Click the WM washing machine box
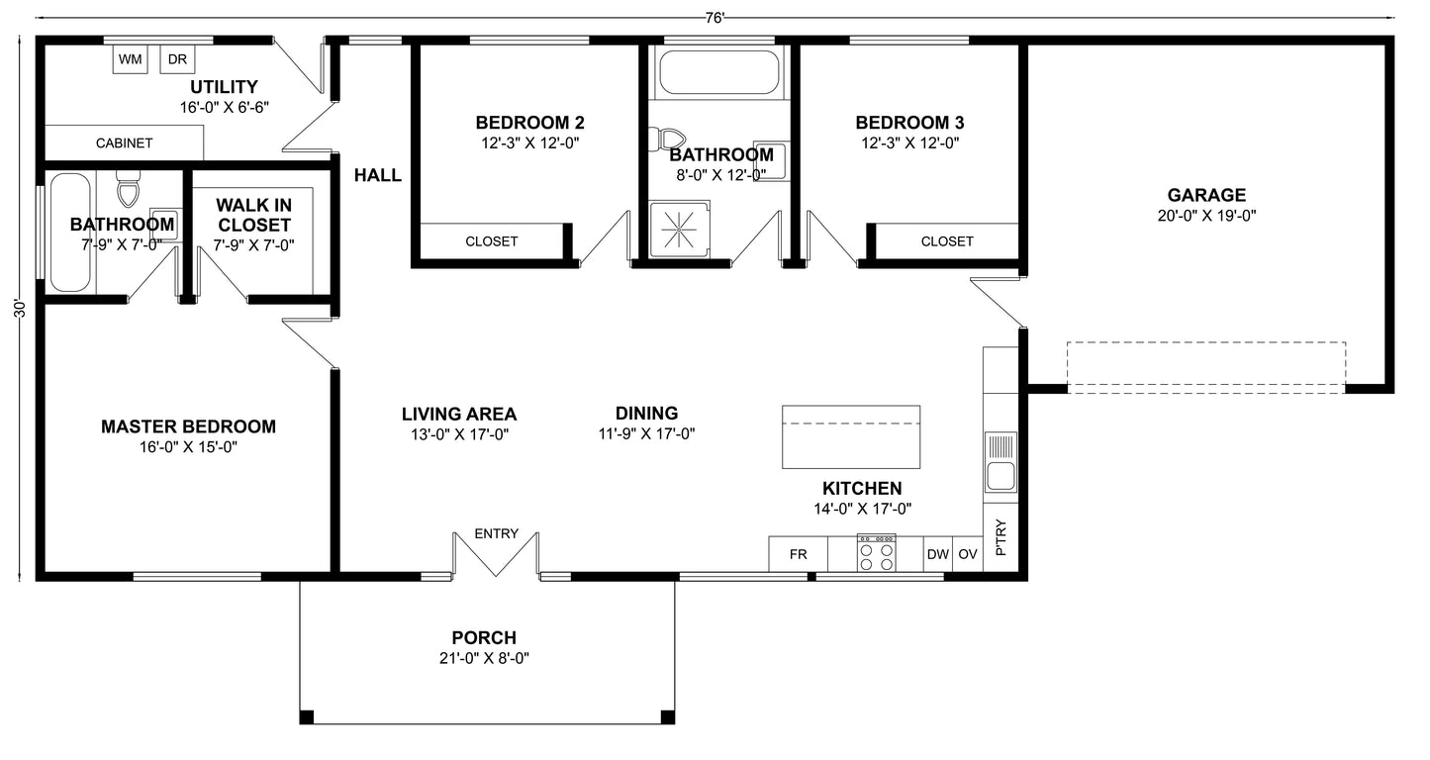pyautogui.click(x=130, y=60)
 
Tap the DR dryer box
pyautogui.click(x=177, y=60)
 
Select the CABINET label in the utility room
pyautogui.click(x=125, y=143)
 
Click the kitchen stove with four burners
pyautogui.click(x=876, y=553)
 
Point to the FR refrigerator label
pyautogui.click(x=798, y=555)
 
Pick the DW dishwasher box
pyautogui.click(x=937, y=555)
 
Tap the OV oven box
pyautogui.click(x=968, y=555)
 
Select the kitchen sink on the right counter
pyautogui.click(x=1001, y=463)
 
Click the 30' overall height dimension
pyautogui.click(x=19, y=308)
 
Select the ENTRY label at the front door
pyautogui.click(x=496, y=533)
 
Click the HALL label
pyautogui.click(x=378, y=176)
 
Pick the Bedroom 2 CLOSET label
pyautogui.click(x=492, y=241)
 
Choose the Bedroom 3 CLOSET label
pyautogui.click(x=947, y=241)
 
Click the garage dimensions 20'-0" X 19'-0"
pyautogui.click(x=1205, y=215)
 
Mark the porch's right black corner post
pyautogui.click(x=667, y=716)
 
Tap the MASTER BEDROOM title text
pyautogui.click(x=188, y=427)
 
